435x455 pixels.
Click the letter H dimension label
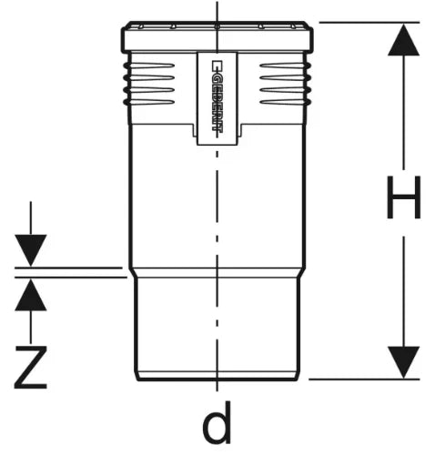(x=403, y=197)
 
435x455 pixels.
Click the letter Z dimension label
(x=31, y=368)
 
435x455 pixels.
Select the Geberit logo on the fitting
(x=217, y=96)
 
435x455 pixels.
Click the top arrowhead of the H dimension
(x=403, y=40)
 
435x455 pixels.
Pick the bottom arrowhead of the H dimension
(x=403, y=362)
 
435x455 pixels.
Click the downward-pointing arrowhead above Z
(x=31, y=250)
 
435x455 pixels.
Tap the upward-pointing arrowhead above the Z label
(x=31, y=295)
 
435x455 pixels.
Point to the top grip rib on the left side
(x=148, y=66)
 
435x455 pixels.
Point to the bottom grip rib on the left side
(x=148, y=102)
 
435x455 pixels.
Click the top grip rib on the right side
(x=285, y=66)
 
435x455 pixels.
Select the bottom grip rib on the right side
(x=285, y=102)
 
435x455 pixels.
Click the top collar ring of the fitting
(x=217, y=36)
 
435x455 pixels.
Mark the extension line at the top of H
(x=369, y=22)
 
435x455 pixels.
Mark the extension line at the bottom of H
(x=364, y=379)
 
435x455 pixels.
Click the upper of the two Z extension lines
(x=68, y=268)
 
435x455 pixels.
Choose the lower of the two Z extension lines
(x=71, y=278)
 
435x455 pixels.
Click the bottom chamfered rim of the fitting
(x=217, y=376)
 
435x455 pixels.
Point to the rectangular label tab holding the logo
(x=217, y=98)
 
